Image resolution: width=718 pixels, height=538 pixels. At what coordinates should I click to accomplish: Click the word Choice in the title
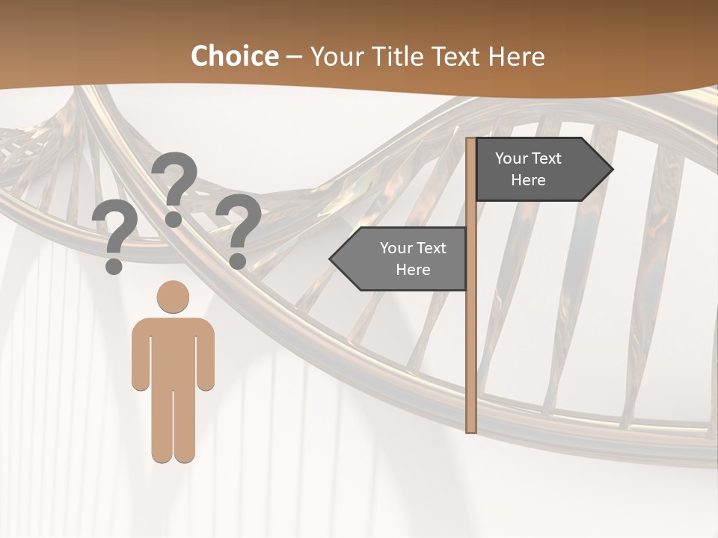(234, 56)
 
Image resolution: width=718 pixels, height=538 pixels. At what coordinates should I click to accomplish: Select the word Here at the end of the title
(516, 56)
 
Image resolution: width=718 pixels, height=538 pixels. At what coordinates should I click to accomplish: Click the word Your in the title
(334, 56)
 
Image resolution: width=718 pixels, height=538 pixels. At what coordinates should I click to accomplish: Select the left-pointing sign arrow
(400, 259)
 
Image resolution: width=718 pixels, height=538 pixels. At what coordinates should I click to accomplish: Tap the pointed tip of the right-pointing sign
(611, 170)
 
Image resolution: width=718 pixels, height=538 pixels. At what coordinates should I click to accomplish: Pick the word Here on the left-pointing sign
(413, 270)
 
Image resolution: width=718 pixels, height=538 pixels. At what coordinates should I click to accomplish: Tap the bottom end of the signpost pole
(471, 430)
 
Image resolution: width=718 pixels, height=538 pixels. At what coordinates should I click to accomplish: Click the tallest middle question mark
(174, 187)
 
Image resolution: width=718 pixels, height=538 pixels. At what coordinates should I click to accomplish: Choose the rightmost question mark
(239, 230)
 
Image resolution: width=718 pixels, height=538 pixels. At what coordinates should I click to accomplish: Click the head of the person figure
(173, 297)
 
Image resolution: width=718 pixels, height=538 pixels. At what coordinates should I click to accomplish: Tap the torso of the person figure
(173, 351)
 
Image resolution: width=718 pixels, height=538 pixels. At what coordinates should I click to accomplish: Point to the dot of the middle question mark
(174, 219)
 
